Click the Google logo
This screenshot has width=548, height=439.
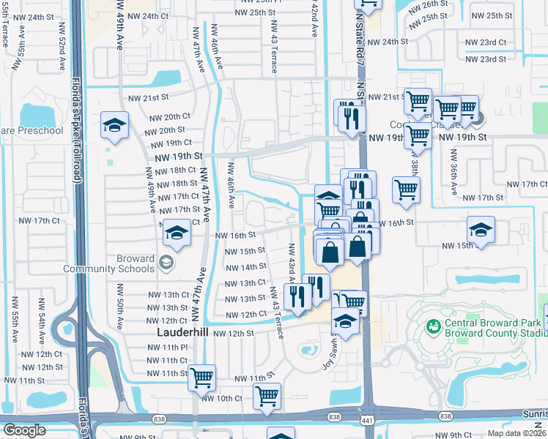(x=23, y=430)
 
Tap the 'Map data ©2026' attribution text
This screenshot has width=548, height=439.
(x=516, y=433)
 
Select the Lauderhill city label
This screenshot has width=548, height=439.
(x=183, y=331)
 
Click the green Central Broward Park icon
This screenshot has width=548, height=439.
(x=434, y=326)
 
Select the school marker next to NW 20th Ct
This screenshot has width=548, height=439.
(x=115, y=127)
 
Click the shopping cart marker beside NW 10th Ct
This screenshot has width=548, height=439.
(x=267, y=396)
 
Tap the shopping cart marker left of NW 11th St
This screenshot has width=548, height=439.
(x=201, y=378)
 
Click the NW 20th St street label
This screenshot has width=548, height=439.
(x=165, y=130)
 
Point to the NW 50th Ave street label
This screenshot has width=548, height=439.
(x=119, y=307)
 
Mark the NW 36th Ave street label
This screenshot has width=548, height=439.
(x=453, y=174)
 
